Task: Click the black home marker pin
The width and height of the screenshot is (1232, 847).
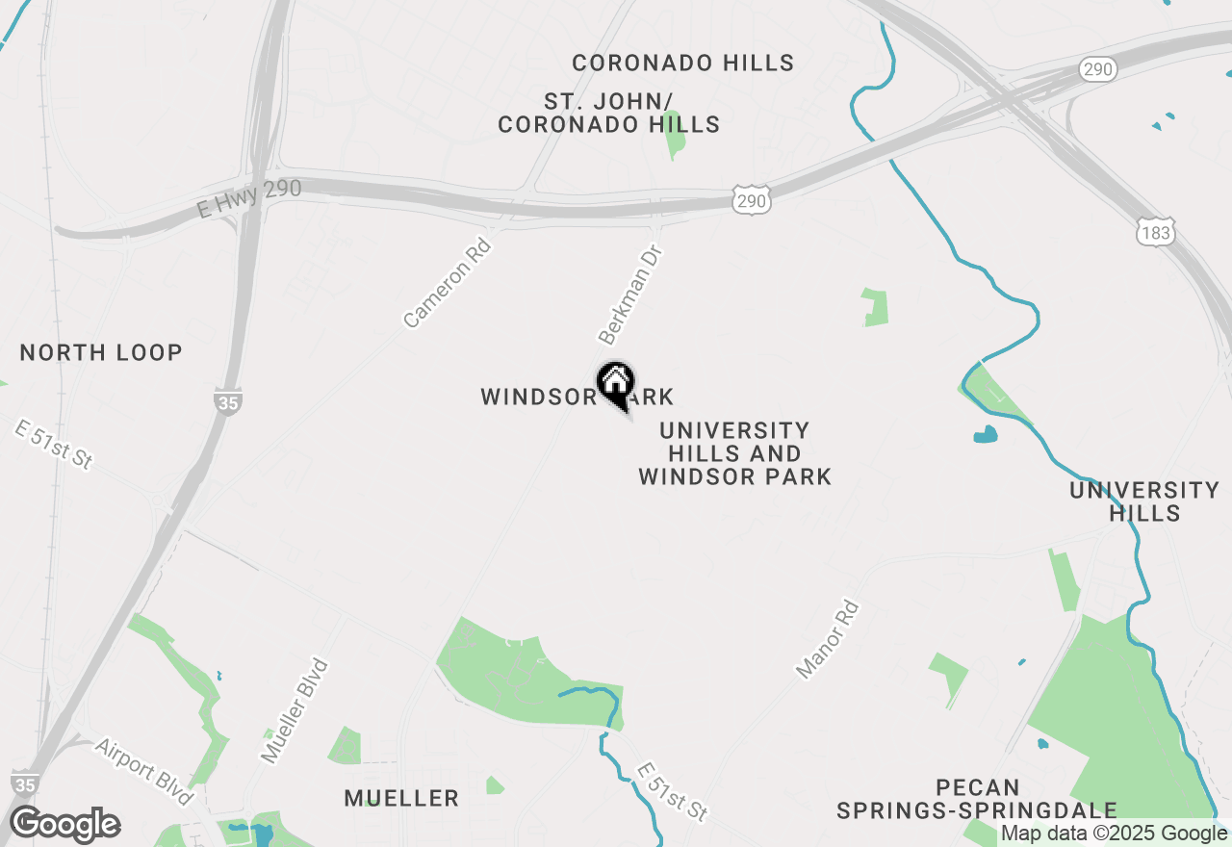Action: pyautogui.click(x=616, y=384)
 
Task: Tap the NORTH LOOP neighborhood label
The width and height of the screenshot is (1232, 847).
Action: pyautogui.click(x=101, y=352)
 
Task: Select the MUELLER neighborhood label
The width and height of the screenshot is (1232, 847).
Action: pyautogui.click(x=401, y=798)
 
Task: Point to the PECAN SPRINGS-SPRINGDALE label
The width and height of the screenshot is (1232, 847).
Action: pyautogui.click(x=976, y=799)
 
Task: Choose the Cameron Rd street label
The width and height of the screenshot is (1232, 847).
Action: pyautogui.click(x=448, y=283)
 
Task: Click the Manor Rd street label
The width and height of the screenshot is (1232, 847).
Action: pyautogui.click(x=828, y=639)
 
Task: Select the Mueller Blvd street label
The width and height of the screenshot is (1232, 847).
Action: pyautogui.click(x=295, y=711)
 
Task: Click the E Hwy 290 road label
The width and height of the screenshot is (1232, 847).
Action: pyautogui.click(x=249, y=198)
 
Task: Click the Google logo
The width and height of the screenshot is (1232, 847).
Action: pyautogui.click(x=64, y=825)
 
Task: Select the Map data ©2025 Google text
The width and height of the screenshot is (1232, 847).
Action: pyautogui.click(x=1114, y=834)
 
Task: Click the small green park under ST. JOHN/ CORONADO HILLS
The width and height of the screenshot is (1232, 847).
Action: pyautogui.click(x=675, y=141)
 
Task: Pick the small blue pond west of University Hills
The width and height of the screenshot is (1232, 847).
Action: pyautogui.click(x=986, y=434)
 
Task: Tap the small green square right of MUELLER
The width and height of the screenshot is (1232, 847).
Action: pyautogui.click(x=494, y=786)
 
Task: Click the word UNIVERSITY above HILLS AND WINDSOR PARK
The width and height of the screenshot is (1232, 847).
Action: pyautogui.click(x=734, y=430)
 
